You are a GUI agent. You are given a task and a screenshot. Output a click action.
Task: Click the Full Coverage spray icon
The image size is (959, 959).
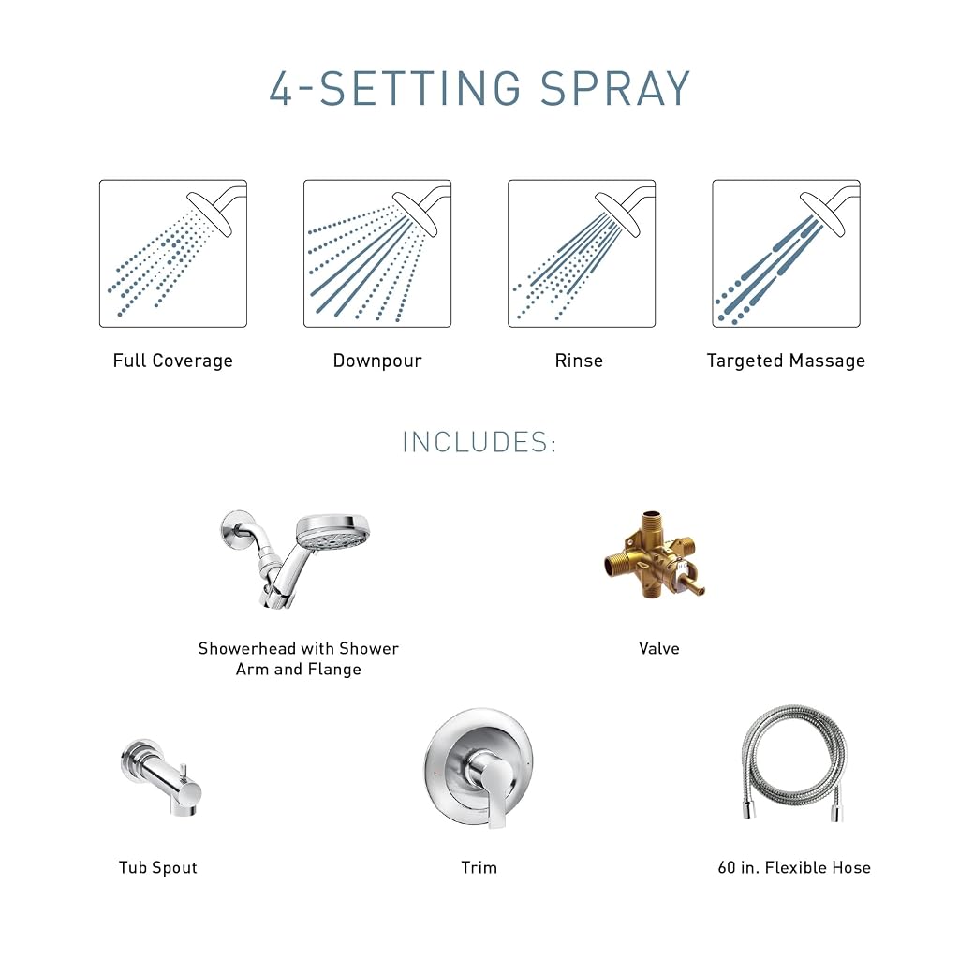click(173, 253)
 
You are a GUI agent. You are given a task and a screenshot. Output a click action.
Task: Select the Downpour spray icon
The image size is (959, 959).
click(377, 253)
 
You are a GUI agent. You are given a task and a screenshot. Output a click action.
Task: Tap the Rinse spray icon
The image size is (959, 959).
click(582, 253)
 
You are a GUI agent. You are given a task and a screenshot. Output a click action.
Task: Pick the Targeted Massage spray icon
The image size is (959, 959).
click(786, 253)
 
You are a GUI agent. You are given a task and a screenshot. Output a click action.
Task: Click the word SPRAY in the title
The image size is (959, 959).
click(614, 89)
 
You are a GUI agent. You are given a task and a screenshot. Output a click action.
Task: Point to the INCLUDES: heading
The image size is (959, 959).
click(479, 442)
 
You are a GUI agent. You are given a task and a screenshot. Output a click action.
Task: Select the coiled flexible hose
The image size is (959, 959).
click(794, 761)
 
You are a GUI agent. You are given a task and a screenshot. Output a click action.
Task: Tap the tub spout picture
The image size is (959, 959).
click(161, 776)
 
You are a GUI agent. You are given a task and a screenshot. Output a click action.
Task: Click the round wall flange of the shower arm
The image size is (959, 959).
click(236, 524)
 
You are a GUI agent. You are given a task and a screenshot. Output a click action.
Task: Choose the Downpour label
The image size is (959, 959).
click(377, 361)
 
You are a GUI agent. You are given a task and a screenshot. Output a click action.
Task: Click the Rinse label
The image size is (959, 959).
click(579, 361)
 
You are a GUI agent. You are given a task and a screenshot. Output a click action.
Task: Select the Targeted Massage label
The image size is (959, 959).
click(786, 361)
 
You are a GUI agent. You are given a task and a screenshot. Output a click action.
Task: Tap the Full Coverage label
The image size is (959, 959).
click(173, 361)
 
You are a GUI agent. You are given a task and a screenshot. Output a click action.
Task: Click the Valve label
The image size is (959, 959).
click(658, 648)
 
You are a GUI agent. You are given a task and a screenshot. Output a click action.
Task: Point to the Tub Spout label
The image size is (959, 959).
click(157, 868)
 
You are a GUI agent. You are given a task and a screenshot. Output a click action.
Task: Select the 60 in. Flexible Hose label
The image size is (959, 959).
click(794, 868)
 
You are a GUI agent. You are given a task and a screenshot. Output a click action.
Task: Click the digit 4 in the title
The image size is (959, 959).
click(281, 89)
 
